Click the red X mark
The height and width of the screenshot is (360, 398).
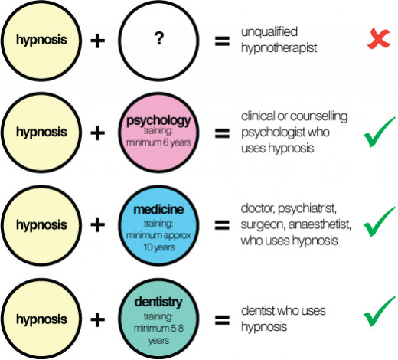pos(379,38)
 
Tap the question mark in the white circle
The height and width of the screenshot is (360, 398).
pos(158,38)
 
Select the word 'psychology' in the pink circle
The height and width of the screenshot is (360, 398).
pos(158,121)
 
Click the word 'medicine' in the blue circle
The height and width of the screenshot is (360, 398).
pos(158,210)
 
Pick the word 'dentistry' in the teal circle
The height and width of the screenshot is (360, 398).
pos(158,302)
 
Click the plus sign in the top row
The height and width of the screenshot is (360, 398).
pos(98,41)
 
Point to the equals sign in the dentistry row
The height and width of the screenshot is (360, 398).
pos(222,320)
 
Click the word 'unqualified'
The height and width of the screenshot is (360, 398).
pos(269,32)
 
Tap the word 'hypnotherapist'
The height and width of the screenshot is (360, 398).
pos(279,48)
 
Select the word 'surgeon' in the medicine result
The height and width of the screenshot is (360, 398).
pos(263,225)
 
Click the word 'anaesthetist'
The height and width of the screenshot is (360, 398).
pos(319,224)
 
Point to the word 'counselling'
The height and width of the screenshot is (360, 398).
pos(319,116)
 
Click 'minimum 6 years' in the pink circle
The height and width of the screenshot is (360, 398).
pos(158,142)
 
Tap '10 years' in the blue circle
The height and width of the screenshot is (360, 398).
pos(159,247)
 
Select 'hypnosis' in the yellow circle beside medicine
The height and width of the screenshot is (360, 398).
pos(41,225)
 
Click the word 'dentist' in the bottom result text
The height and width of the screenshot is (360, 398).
pos(257,311)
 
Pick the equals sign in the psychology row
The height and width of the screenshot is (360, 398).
pos(222,133)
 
